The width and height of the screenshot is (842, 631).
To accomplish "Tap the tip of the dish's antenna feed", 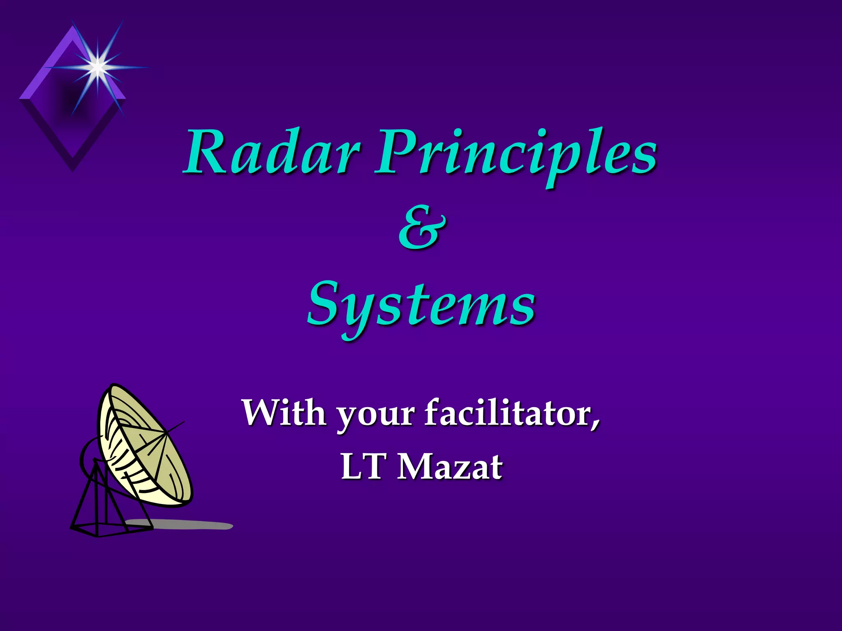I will (183, 422).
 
